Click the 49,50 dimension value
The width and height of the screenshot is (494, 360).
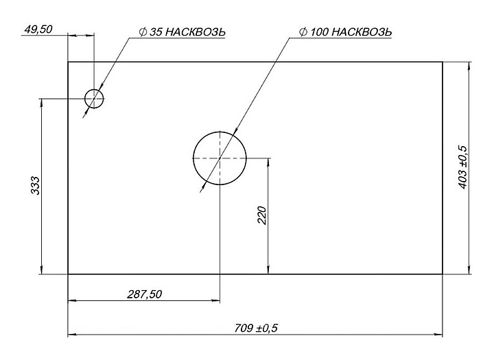[38, 30]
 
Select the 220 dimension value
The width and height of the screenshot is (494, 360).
[261, 215]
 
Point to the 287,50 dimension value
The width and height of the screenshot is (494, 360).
[144, 293]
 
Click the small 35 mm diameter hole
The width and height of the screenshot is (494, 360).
[93, 99]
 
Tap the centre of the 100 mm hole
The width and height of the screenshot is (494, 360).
[219, 158]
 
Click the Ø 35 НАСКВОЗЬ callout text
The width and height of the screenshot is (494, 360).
[181, 32]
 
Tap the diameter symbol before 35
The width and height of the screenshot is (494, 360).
[142, 32]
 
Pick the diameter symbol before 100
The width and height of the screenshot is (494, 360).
[303, 32]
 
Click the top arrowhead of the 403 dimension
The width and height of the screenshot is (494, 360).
[469, 67]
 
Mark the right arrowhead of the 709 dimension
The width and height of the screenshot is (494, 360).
[438, 335]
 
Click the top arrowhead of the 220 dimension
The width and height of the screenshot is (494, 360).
[268, 162]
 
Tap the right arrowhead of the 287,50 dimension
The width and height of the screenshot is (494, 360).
[216, 300]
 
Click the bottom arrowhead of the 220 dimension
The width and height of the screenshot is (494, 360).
[268, 270]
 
